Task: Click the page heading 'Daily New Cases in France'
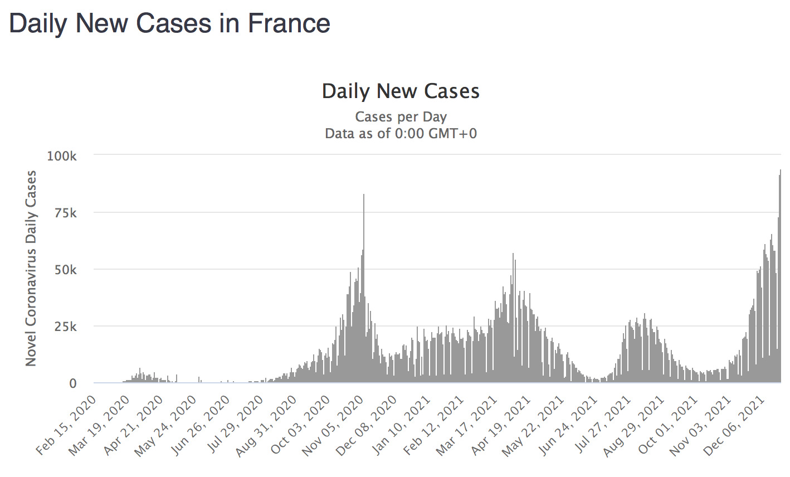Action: [x=169, y=23]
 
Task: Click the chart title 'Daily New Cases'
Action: [x=401, y=91]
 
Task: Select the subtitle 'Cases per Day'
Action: [x=401, y=117]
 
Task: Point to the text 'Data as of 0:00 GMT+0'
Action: [x=401, y=134]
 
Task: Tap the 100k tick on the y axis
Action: [x=62, y=156]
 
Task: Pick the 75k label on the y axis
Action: [x=65, y=213]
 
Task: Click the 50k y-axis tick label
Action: [x=65, y=270]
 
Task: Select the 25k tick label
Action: [x=65, y=327]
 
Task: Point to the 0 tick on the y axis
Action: [x=72, y=383]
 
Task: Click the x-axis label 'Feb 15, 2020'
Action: [x=67, y=426]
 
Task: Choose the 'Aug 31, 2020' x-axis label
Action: [x=266, y=426]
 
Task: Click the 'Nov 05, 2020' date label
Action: [x=333, y=426]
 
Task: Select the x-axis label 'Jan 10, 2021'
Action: [x=400, y=426]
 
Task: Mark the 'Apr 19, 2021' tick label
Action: [x=499, y=426]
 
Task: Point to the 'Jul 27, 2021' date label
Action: [x=601, y=426]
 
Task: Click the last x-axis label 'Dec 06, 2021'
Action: [x=733, y=426]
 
